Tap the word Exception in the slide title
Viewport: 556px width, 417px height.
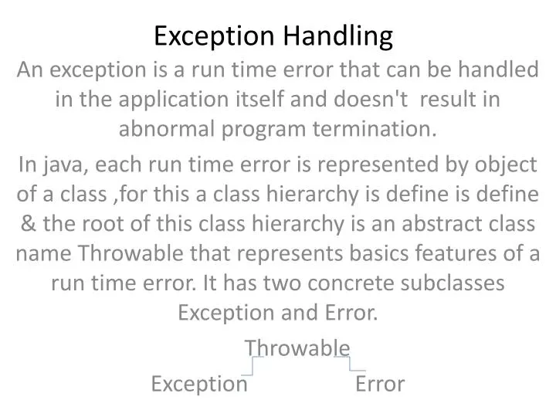pos(211,36)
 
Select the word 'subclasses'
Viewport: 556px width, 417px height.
pos(462,283)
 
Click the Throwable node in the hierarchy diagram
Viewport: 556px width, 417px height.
pos(297,348)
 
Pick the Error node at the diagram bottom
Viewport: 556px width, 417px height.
pos(380,384)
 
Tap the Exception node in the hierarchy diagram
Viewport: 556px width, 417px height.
pos(199,384)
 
